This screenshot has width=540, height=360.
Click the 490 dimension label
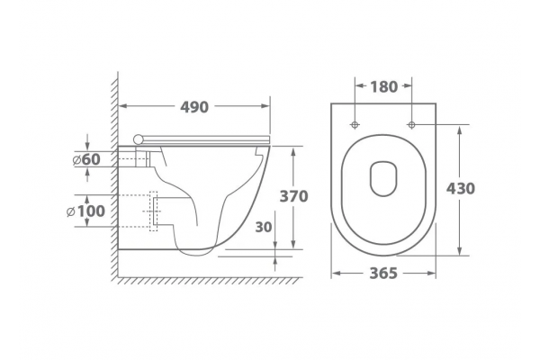coord(194,107)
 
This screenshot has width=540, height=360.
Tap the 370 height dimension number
coord(293,196)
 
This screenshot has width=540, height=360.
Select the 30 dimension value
coord(264,227)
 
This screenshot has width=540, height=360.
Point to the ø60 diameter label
coord(86,159)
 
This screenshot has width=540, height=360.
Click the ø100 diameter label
coord(85,211)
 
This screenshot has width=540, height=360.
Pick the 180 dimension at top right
coord(383,86)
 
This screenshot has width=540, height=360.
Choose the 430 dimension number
coord(461,188)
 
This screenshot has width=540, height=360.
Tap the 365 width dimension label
coord(383,274)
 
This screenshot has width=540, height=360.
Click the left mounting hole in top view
coord(355,124)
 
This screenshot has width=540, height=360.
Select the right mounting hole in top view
coord(412,124)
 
